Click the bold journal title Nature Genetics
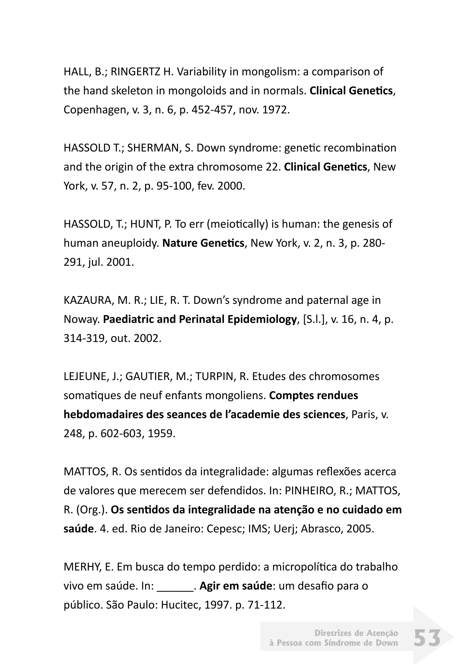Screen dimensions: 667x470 203,243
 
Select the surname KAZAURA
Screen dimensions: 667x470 87,300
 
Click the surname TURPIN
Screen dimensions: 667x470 214,376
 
